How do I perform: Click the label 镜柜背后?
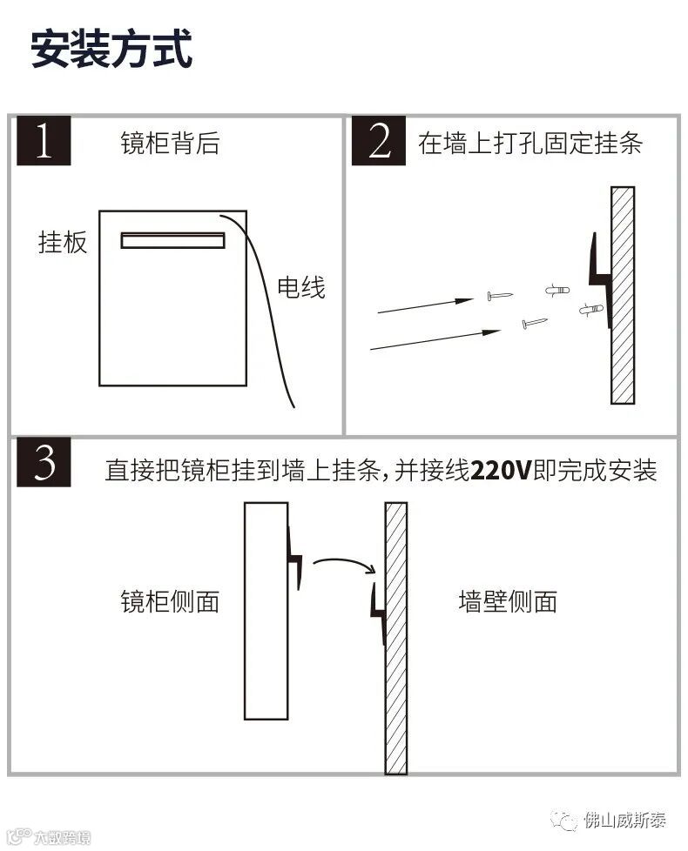[x=170, y=144]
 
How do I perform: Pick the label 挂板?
[x=63, y=242]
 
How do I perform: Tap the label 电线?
[x=301, y=287]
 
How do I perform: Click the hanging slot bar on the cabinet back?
[x=172, y=240]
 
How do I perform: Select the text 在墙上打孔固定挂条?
[x=530, y=144]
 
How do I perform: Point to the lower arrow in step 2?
[x=435, y=339]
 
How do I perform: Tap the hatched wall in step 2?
[x=623, y=295]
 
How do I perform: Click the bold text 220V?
[x=501, y=472]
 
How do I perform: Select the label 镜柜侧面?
[x=170, y=601]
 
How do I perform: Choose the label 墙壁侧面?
[x=508, y=601]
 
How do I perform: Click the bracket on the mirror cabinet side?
[x=294, y=557]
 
